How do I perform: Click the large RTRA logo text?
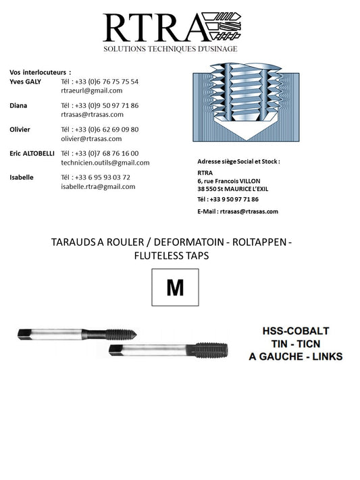[153, 28]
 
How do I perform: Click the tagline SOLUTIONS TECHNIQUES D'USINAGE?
[170, 49]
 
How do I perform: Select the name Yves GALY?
[26, 82]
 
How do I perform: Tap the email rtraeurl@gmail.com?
[91, 90]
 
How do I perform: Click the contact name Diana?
[18, 106]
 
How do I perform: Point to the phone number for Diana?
[99, 106]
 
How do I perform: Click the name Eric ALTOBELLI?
[32, 154]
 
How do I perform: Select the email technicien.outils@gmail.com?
[105, 163]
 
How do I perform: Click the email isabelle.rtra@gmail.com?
[98, 186]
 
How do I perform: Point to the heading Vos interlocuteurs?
[40, 72]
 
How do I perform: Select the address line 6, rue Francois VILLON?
[230, 181]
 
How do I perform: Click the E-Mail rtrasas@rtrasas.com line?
[238, 211]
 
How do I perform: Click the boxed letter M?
[175, 287]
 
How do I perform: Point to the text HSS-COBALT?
[295, 331]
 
